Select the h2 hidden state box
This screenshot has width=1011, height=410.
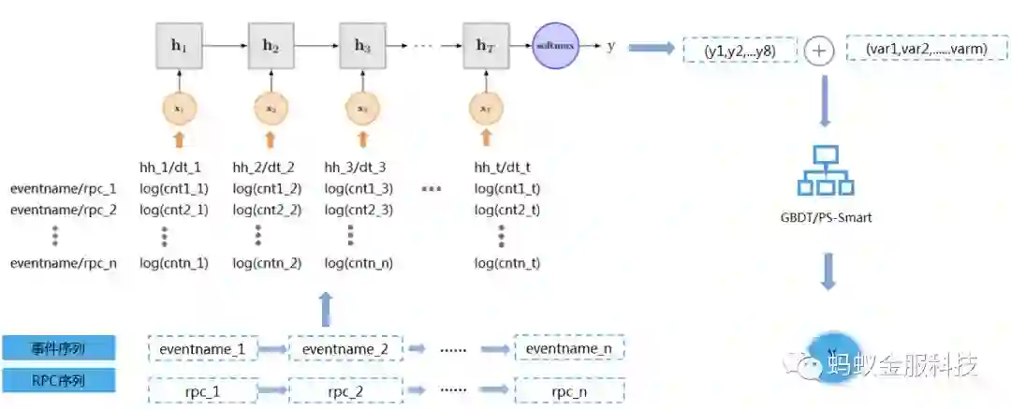tap(270, 44)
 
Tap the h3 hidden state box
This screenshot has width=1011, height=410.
tap(362, 44)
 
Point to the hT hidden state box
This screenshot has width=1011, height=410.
tap(484, 44)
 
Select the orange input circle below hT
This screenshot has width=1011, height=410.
tap(484, 108)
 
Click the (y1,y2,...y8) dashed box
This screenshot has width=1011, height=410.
tap(739, 50)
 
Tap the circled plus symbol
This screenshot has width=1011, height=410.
tap(819, 51)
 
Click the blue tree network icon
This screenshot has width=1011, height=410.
tap(826, 168)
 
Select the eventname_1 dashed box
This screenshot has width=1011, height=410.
tap(201, 349)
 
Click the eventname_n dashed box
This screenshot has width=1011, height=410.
tap(569, 349)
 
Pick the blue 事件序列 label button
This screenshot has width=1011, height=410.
tap(59, 348)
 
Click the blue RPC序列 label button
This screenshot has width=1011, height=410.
tap(59, 380)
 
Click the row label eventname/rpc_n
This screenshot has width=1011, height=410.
tap(64, 263)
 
